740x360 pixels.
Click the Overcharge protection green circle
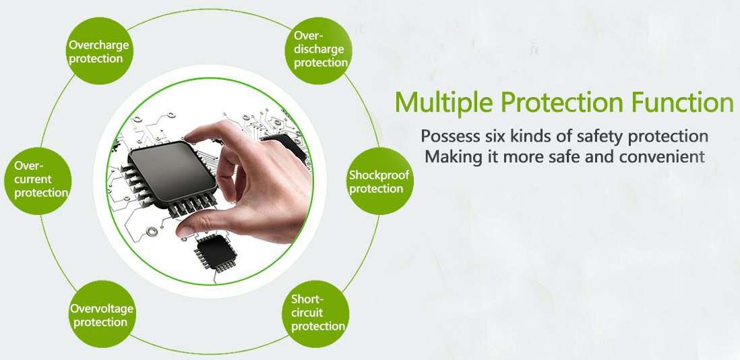tap(99, 51)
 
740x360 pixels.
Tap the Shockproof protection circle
tap(380, 181)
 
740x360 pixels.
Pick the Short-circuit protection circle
tap(315, 314)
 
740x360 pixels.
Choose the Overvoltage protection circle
tap(102, 314)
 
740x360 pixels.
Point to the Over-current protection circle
tap(38, 181)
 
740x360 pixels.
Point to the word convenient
tap(665, 156)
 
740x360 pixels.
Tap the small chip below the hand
tap(215, 253)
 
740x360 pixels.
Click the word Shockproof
tap(379, 175)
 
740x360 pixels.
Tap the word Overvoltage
tap(102, 309)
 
